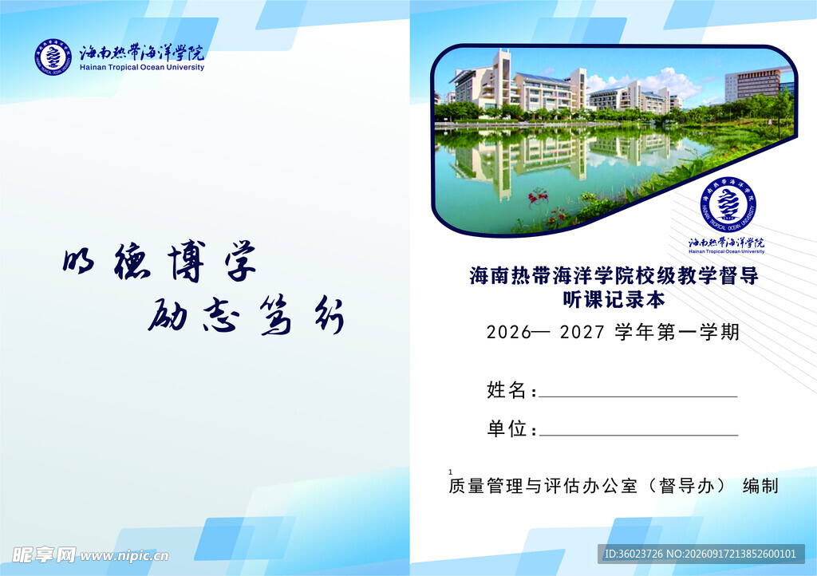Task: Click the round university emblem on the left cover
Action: click(53, 57)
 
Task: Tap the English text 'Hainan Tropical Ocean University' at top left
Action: click(142, 67)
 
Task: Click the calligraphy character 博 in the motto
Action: click(187, 261)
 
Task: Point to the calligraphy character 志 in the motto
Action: click(221, 316)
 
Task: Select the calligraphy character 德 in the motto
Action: click(132, 261)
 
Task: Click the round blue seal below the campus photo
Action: click(728, 203)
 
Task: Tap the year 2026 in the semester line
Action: click(509, 332)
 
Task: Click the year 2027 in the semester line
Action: click(582, 332)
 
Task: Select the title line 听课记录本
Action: click(614, 299)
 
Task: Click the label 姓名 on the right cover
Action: click(506, 389)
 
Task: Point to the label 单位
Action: click(507, 428)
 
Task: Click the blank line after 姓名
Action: click(638, 396)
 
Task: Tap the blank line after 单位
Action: click(639, 435)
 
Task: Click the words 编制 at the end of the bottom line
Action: click(760, 485)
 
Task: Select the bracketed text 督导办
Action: click(686, 485)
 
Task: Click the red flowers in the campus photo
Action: click(539, 197)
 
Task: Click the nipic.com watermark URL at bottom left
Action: click(124, 556)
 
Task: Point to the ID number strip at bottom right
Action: click(701, 554)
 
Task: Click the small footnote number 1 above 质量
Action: click(450, 471)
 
